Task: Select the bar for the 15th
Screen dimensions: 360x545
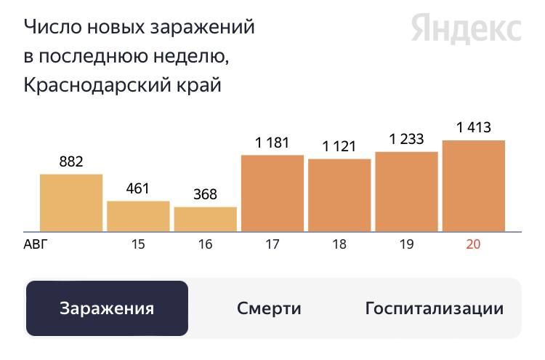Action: (138, 216)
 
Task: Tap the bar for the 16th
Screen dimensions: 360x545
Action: (206, 219)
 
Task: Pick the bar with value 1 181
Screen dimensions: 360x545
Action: (272, 193)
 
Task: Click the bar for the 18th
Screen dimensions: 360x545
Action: (339, 195)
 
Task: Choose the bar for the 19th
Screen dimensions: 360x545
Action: (406, 191)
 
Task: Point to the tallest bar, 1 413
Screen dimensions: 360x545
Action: (474, 185)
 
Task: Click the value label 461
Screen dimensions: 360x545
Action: (137, 189)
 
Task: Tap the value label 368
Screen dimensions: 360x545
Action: (205, 195)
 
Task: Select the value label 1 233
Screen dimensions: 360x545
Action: (406, 140)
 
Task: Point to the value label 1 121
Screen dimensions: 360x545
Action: (339, 146)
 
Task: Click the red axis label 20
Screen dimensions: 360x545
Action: (473, 244)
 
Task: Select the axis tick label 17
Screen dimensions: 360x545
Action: (272, 244)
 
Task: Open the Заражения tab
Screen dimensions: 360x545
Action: (107, 308)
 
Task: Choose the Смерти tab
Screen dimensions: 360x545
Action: (269, 308)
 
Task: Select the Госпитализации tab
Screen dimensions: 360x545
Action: (434, 308)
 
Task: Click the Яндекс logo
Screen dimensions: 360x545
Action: (466, 29)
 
